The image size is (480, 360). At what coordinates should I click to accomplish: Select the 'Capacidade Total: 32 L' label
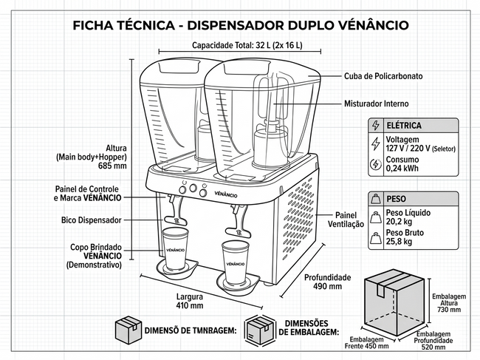tap(247, 45)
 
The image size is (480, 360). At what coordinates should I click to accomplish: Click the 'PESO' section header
tap(396, 198)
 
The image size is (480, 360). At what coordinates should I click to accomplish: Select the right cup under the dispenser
tap(236, 260)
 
